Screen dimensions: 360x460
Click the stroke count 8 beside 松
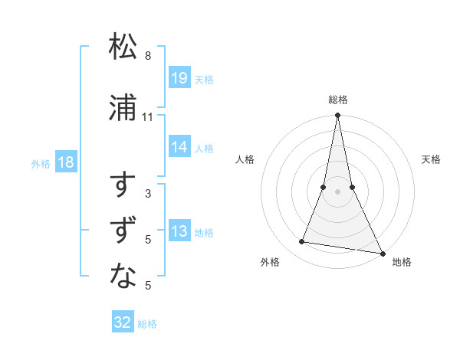tap(148, 56)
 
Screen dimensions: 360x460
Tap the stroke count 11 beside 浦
tap(148, 117)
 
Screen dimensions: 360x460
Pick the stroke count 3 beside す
tap(148, 194)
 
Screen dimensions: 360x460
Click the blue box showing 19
tap(179, 78)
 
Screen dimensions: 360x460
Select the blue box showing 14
tap(179, 147)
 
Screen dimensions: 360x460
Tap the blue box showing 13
tap(179, 231)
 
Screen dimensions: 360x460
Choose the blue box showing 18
tap(64, 162)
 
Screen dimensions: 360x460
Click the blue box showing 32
tap(123, 322)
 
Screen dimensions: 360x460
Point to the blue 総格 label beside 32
tap(147, 324)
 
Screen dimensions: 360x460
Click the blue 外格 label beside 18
tap(41, 163)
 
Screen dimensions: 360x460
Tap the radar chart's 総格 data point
tap(337, 116)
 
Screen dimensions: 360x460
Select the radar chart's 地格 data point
tap(382, 253)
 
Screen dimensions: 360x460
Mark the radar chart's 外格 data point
tap(302, 242)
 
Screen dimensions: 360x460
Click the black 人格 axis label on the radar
tap(245, 159)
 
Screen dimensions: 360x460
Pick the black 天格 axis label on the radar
tap(432, 159)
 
